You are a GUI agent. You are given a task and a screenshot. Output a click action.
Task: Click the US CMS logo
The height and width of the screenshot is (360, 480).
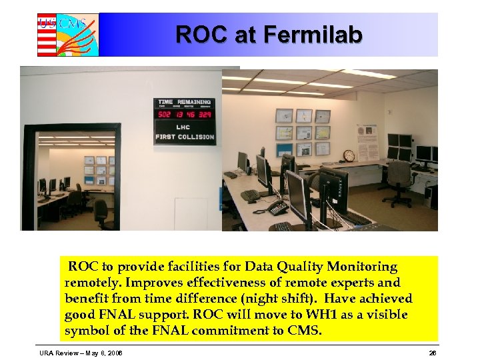tap(67, 34)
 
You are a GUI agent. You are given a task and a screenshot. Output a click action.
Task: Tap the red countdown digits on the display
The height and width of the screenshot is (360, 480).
tap(185, 114)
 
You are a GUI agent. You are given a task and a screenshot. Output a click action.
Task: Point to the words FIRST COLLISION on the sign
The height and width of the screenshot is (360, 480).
tap(185, 137)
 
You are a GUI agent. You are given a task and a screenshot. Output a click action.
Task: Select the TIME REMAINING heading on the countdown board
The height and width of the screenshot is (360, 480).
tap(185, 102)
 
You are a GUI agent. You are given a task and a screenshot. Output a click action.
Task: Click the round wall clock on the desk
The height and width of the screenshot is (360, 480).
tap(349, 155)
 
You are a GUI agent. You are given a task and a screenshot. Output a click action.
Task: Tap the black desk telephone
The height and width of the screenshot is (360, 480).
tap(276, 207)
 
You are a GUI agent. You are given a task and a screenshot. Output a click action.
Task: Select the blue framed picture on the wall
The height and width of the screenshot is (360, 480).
tap(285, 150)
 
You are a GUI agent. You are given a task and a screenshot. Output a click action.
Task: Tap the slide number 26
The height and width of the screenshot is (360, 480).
tap(432, 352)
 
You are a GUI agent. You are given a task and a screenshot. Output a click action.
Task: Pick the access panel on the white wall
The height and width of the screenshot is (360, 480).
tap(191, 213)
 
